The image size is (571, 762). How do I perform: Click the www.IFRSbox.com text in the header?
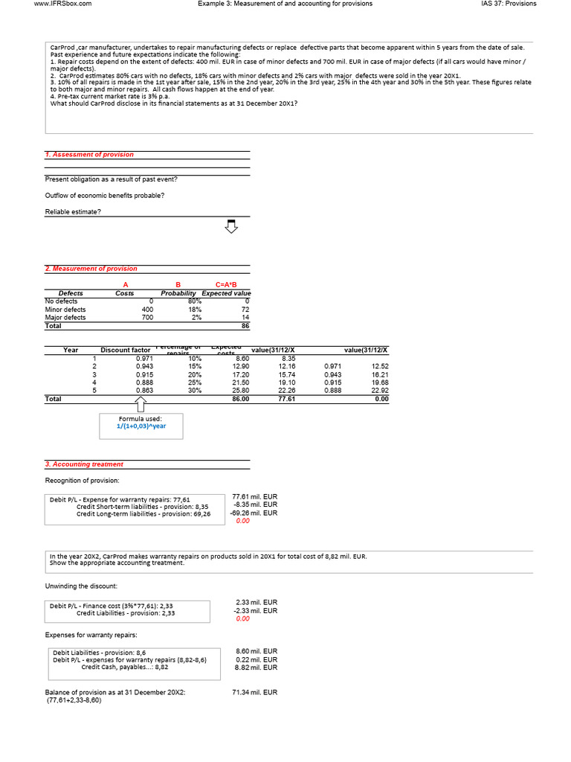click(x=63, y=4)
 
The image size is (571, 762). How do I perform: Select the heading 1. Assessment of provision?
click(x=89, y=154)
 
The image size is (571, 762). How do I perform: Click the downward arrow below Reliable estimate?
click(x=231, y=225)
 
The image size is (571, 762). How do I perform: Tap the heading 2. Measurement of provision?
click(x=91, y=269)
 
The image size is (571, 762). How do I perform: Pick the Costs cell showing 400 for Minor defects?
click(x=147, y=310)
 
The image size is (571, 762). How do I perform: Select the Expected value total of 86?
click(x=245, y=326)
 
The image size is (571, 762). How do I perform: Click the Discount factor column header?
click(x=126, y=350)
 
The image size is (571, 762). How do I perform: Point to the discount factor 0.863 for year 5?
click(x=144, y=391)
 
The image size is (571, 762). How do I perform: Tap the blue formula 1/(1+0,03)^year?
click(x=141, y=426)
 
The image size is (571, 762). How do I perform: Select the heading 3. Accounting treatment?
click(x=84, y=464)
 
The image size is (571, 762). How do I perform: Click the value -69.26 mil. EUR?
click(x=255, y=513)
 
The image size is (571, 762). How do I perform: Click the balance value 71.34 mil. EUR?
click(x=255, y=692)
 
